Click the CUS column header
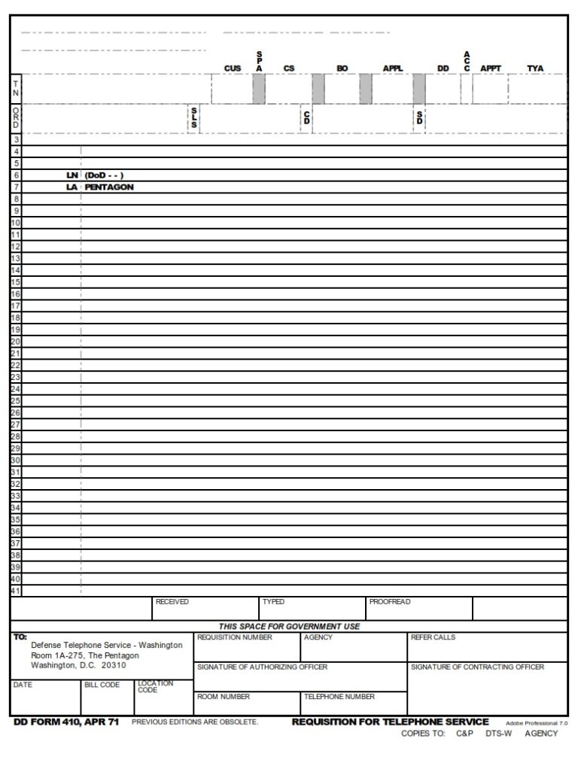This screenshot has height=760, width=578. pyautogui.click(x=233, y=68)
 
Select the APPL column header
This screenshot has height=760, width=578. pyautogui.click(x=393, y=68)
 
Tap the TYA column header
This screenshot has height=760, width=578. pyautogui.click(x=535, y=68)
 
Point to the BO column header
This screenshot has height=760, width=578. pyautogui.click(x=342, y=68)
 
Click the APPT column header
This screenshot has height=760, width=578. pyautogui.click(x=491, y=68)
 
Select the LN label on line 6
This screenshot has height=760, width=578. pyautogui.click(x=72, y=175)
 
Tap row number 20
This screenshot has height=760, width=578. pyautogui.click(x=16, y=342)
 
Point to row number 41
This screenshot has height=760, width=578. pyautogui.click(x=16, y=591)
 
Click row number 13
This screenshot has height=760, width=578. pyautogui.click(x=16, y=258)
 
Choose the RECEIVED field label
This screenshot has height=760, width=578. pyautogui.click(x=172, y=602)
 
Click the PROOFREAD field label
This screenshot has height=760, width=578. pyautogui.click(x=390, y=602)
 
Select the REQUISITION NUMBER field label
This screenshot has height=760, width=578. pyautogui.click(x=234, y=637)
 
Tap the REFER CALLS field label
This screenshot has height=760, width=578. pyautogui.click(x=433, y=637)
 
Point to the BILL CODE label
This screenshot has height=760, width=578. pyautogui.click(x=102, y=685)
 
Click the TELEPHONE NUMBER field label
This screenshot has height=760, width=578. pyautogui.click(x=339, y=697)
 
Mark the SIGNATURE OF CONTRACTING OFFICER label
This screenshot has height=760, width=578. pyautogui.click(x=477, y=667)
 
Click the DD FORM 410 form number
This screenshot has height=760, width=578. pyautogui.click(x=66, y=722)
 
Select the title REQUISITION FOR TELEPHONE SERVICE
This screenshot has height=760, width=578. pyautogui.click(x=390, y=722)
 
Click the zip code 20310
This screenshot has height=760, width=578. pyautogui.click(x=114, y=665)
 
